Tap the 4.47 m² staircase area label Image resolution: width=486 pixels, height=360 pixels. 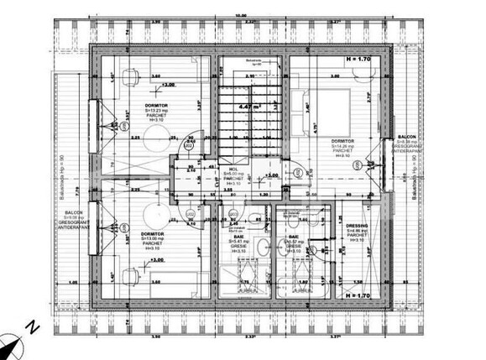(x=247, y=108)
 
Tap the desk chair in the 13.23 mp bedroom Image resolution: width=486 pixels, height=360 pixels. (x=128, y=75)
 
